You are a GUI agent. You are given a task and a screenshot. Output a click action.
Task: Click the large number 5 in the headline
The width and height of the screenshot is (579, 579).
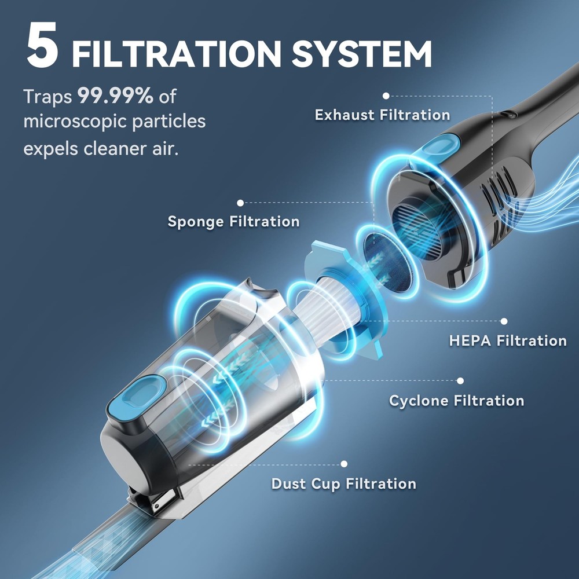42,45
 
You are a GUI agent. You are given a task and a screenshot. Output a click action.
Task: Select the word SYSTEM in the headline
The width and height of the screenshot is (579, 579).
362,53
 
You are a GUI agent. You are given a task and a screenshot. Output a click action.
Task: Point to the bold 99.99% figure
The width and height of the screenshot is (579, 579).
115,96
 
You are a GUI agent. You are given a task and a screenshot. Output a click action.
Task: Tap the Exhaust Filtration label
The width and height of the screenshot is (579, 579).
382,115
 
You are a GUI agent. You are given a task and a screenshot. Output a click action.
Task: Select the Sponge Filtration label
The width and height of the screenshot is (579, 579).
233,222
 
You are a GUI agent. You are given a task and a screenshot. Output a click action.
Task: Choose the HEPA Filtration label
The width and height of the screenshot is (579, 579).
508,340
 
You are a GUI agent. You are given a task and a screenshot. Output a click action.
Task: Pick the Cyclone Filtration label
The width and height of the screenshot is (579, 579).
456,401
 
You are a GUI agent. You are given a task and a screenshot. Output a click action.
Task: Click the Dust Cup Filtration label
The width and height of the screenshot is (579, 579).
343,483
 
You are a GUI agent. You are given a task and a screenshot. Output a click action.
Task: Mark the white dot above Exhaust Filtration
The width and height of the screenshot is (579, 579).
386,96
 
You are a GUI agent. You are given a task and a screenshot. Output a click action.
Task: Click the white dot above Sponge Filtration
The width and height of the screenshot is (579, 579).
240,203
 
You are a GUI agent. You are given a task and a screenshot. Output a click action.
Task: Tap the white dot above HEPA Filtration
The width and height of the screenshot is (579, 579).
504,321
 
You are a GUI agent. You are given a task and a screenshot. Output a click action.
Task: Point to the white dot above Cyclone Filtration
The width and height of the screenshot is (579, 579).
460,381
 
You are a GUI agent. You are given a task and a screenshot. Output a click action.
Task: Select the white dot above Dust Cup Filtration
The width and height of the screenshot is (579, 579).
344,464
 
